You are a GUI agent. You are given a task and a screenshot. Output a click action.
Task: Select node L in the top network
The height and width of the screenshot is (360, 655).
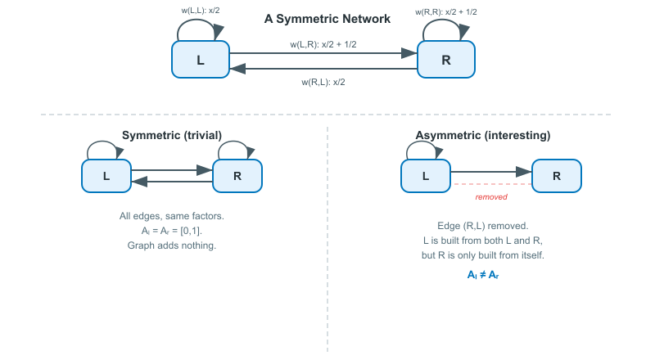[x=201, y=60]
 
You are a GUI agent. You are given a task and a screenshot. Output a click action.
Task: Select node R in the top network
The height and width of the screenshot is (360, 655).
[x=446, y=60]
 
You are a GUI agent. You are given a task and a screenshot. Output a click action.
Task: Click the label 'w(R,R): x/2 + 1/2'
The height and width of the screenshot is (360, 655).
[x=446, y=11]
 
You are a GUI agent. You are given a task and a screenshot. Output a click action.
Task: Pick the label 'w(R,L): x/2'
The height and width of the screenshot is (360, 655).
[x=323, y=82]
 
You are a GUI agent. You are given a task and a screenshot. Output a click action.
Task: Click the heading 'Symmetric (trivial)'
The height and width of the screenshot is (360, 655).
[x=172, y=135]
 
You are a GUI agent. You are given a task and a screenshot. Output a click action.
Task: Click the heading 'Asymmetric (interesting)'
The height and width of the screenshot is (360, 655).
[x=482, y=135]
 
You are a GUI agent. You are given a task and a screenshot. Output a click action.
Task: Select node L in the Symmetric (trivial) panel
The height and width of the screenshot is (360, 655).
[x=106, y=176]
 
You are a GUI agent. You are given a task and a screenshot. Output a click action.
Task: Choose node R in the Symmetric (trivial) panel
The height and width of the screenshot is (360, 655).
[x=237, y=176]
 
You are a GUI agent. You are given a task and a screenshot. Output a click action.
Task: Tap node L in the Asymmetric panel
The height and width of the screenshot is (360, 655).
[x=426, y=176]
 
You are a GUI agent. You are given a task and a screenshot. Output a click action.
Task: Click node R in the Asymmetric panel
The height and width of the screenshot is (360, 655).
[x=557, y=176]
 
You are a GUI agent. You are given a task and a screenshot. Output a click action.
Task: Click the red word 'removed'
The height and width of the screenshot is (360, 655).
[x=491, y=196]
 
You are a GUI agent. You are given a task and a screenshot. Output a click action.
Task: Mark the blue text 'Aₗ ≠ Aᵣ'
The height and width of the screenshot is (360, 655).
[x=482, y=275]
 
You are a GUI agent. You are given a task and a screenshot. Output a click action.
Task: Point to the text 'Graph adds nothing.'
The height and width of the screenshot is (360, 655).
[x=172, y=245]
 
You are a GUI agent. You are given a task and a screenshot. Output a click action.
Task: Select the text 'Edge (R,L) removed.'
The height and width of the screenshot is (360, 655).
[x=482, y=226]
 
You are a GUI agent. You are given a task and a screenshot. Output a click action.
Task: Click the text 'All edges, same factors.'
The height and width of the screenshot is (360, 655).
[x=172, y=216]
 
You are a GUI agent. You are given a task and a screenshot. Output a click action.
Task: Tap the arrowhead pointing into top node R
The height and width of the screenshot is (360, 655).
[x=409, y=53]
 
